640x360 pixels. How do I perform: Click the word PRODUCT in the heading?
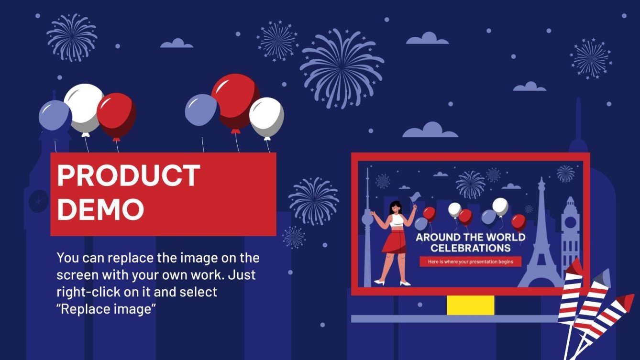(128, 175)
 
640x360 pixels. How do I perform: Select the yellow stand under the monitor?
(470, 305)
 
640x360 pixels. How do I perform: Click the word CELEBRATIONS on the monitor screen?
(470, 248)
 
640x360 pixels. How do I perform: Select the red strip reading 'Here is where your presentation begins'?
(470, 262)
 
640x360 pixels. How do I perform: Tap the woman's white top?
(397, 220)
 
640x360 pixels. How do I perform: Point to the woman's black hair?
(396, 207)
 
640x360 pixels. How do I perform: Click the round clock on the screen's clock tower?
(570, 210)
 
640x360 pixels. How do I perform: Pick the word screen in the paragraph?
(78, 275)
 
